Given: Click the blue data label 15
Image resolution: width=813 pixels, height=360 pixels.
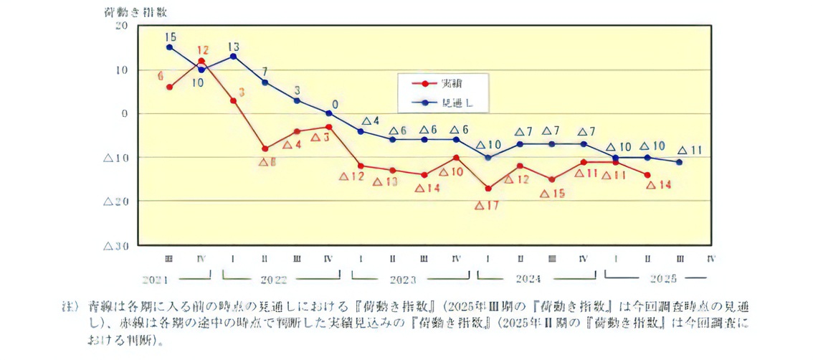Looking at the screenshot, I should (170, 37).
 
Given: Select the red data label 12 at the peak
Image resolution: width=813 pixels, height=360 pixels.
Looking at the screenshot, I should (202, 51).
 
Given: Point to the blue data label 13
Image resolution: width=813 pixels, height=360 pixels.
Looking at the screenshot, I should (234, 45).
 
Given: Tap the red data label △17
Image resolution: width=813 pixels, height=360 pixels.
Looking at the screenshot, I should (488, 205).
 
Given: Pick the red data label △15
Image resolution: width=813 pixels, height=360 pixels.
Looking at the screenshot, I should (552, 193).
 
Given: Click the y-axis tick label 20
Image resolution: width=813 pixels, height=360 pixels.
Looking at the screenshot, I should (120, 26).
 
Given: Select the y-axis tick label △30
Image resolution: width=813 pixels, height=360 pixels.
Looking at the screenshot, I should (115, 245).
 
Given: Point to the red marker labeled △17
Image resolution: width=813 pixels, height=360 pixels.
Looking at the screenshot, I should (488, 189).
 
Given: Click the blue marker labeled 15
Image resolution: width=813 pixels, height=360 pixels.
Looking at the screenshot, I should (169, 47).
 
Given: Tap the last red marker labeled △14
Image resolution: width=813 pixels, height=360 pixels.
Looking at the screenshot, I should (647, 175).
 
